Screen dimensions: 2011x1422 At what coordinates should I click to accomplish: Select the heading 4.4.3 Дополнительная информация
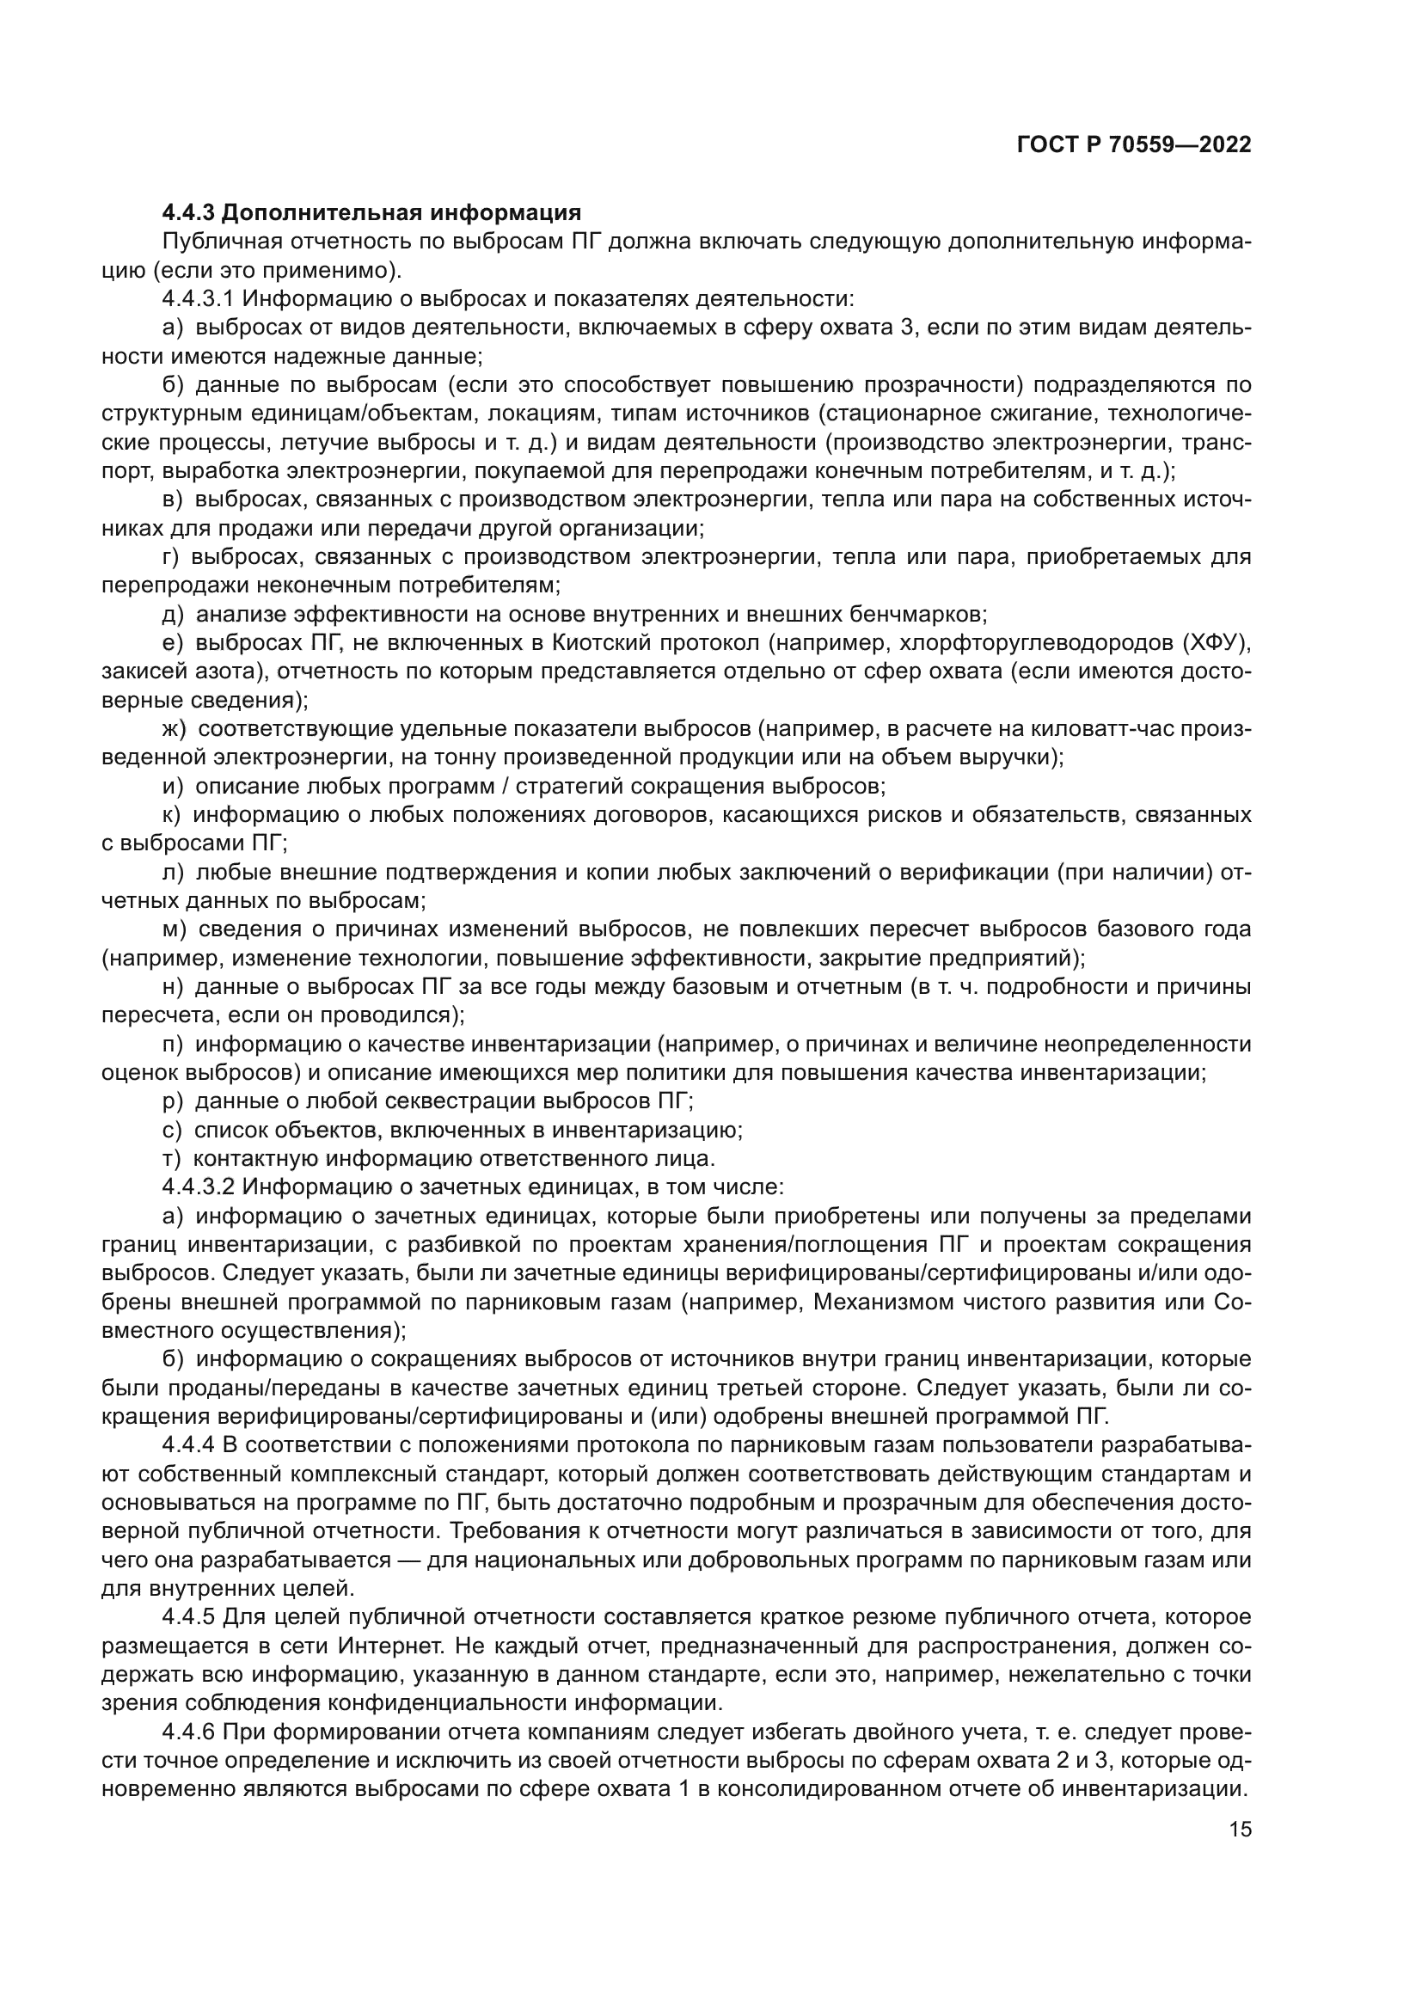(x=372, y=213)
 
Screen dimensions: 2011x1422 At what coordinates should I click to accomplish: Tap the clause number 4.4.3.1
(x=198, y=298)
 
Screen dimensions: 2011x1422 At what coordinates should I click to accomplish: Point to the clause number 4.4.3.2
(x=198, y=1187)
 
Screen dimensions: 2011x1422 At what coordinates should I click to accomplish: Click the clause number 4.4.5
(x=188, y=1619)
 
